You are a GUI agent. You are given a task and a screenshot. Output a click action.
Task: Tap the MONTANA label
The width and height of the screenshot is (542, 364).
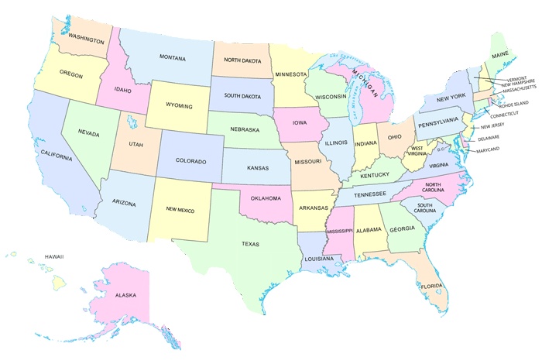172,57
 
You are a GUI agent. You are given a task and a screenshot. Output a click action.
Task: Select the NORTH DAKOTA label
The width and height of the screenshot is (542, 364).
242,59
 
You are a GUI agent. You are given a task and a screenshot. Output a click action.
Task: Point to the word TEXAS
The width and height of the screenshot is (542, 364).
250,244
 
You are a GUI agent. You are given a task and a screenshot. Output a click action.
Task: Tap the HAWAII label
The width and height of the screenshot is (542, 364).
53,256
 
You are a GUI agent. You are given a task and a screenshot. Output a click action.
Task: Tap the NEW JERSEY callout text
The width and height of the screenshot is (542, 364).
496,126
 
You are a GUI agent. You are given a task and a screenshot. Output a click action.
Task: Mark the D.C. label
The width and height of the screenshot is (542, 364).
442,149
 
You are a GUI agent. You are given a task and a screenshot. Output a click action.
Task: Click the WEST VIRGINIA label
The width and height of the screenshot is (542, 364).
422,151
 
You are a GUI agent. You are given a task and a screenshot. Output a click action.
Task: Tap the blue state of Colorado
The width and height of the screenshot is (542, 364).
190,162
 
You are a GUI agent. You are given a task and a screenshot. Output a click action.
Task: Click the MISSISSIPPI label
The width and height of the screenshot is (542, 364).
338,231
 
